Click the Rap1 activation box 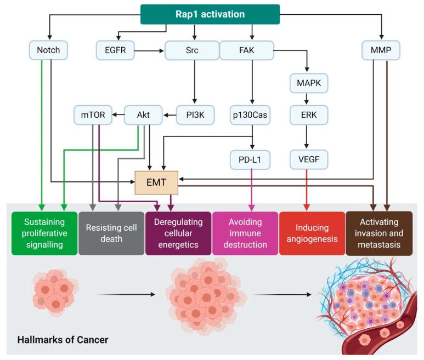(x=210, y=14)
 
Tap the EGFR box (x=115, y=51)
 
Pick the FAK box (x=246, y=51)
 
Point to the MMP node (x=381, y=51)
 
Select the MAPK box (x=308, y=84)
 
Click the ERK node (x=308, y=115)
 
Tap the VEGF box (x=308, y=159)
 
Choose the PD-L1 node (x=250, y=159)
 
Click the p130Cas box (x=250, y=115)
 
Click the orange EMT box (x=157, y=182)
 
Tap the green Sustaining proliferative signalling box (x=44, y=233)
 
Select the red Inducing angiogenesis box (x=312, y=233)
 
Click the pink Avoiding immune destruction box (x=245, y=233)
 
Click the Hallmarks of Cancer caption (x=63, y=340)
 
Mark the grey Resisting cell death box (x=111, y=233)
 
